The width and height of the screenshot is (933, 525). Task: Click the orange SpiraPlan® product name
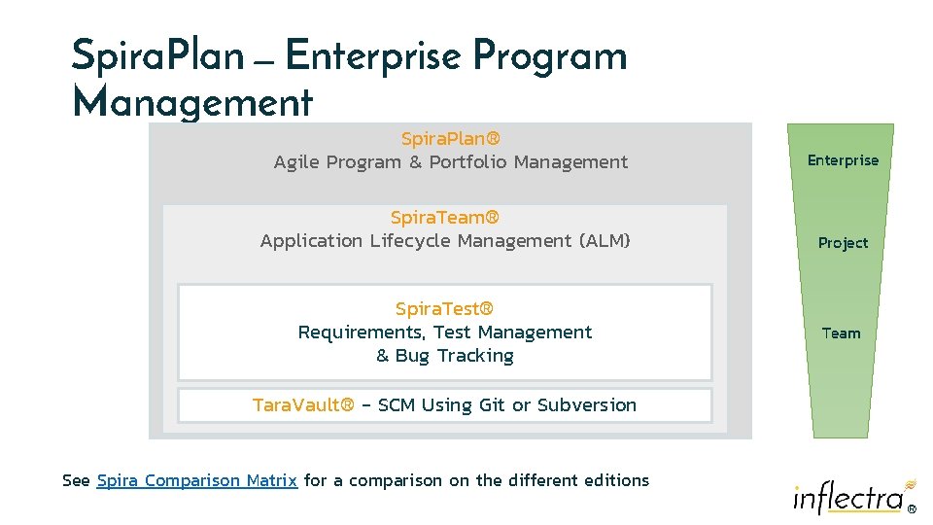tap(450, 139)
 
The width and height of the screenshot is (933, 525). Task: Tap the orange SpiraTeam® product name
tap(444, 217)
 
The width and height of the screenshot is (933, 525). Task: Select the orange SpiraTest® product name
tap(444, 309)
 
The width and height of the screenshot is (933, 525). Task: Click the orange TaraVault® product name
tap(303, 404)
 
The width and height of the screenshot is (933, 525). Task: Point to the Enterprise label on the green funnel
tap(843, 160)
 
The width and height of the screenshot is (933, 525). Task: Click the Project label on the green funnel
tap(843, 243)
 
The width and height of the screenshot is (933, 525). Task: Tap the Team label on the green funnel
tap(841, 333)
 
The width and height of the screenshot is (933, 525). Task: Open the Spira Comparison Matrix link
tap(197, 480)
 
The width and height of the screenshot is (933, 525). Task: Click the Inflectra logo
tap(851, 497)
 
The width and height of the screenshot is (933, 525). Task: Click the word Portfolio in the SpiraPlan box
tap(467, 162)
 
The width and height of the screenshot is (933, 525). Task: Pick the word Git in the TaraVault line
tap(492, 404)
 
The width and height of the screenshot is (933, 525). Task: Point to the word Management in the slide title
tap(192, 101)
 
